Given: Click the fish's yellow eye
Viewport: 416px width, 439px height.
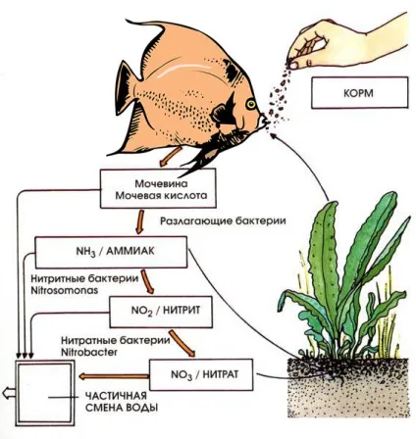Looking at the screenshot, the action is [251, 104].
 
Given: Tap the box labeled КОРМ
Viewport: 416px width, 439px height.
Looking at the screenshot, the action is [359, 93].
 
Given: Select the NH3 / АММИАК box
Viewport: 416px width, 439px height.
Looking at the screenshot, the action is [111, 252].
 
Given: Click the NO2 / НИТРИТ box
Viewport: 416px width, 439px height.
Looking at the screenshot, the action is [161, 312].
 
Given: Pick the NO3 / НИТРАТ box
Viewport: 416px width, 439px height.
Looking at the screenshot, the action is [201, 374].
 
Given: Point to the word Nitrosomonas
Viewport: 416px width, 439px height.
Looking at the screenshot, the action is [65, 290].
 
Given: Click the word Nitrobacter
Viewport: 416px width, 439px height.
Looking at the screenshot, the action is [89, 353].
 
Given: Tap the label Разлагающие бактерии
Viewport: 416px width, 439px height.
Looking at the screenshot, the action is [223, 221].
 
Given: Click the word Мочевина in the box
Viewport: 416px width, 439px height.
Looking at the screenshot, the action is [161, 183].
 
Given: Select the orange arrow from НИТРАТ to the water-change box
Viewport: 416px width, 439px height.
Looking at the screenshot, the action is [114, 376].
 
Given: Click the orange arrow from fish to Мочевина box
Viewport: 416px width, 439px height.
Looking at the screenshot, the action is [170, 157].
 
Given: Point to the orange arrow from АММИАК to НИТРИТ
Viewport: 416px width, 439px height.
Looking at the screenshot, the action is [147, 281].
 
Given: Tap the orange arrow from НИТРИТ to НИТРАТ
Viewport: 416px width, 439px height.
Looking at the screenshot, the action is [182, 343].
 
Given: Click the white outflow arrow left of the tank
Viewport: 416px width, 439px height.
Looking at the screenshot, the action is [9, 392].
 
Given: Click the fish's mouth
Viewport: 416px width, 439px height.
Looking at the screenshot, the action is [264, 122].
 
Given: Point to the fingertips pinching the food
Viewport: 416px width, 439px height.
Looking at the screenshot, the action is [293, 63].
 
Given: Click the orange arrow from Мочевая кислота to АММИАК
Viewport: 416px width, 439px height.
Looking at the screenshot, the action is [140, 221].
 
